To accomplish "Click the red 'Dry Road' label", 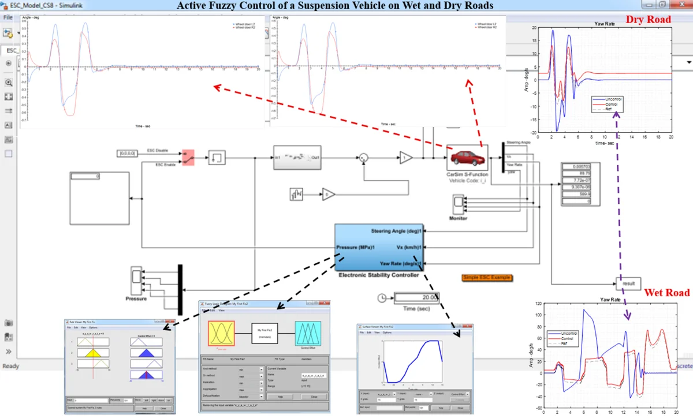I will (x=649, y=20).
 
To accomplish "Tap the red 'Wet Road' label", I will (x=667, y=293).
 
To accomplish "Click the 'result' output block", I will (x=629, y=284).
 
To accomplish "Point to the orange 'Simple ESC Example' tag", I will (x=487, y=278).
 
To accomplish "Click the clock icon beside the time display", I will (x=382, y=298).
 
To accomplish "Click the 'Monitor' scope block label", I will (x=458, y=218).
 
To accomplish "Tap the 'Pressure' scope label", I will (x=136, y=298).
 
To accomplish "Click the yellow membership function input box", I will (x=221, y=333).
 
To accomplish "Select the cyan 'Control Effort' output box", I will (x=308, y=333).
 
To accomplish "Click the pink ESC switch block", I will (x=188, y=158).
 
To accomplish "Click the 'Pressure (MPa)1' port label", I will (x=356, y=248).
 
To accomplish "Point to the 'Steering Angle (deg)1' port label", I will (x=396, y=232).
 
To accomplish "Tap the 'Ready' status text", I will (x=11, y=366).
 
